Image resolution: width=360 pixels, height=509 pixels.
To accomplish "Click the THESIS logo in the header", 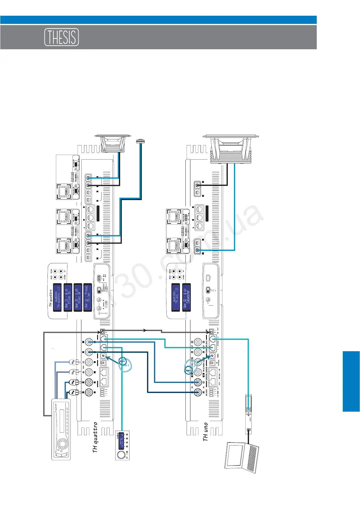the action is [x=62, y=37].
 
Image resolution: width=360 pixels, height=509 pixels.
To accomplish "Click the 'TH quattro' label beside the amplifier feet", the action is [x=95, y=437].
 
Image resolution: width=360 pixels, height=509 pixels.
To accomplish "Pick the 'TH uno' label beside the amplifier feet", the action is [x=206, y=432].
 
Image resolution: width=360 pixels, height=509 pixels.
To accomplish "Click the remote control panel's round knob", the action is [x=121, y=455].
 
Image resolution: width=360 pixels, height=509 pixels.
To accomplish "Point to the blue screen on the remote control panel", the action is [x=121, y=440].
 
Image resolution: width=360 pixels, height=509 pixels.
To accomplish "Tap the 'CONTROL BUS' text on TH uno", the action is [x=207, y=348].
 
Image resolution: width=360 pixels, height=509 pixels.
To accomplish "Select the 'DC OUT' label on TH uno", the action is [x=207, y=392].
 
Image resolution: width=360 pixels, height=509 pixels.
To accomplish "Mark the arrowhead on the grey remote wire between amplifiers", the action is [x=145, y=330].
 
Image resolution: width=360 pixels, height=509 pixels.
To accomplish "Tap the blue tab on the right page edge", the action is [x=351, y=381].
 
